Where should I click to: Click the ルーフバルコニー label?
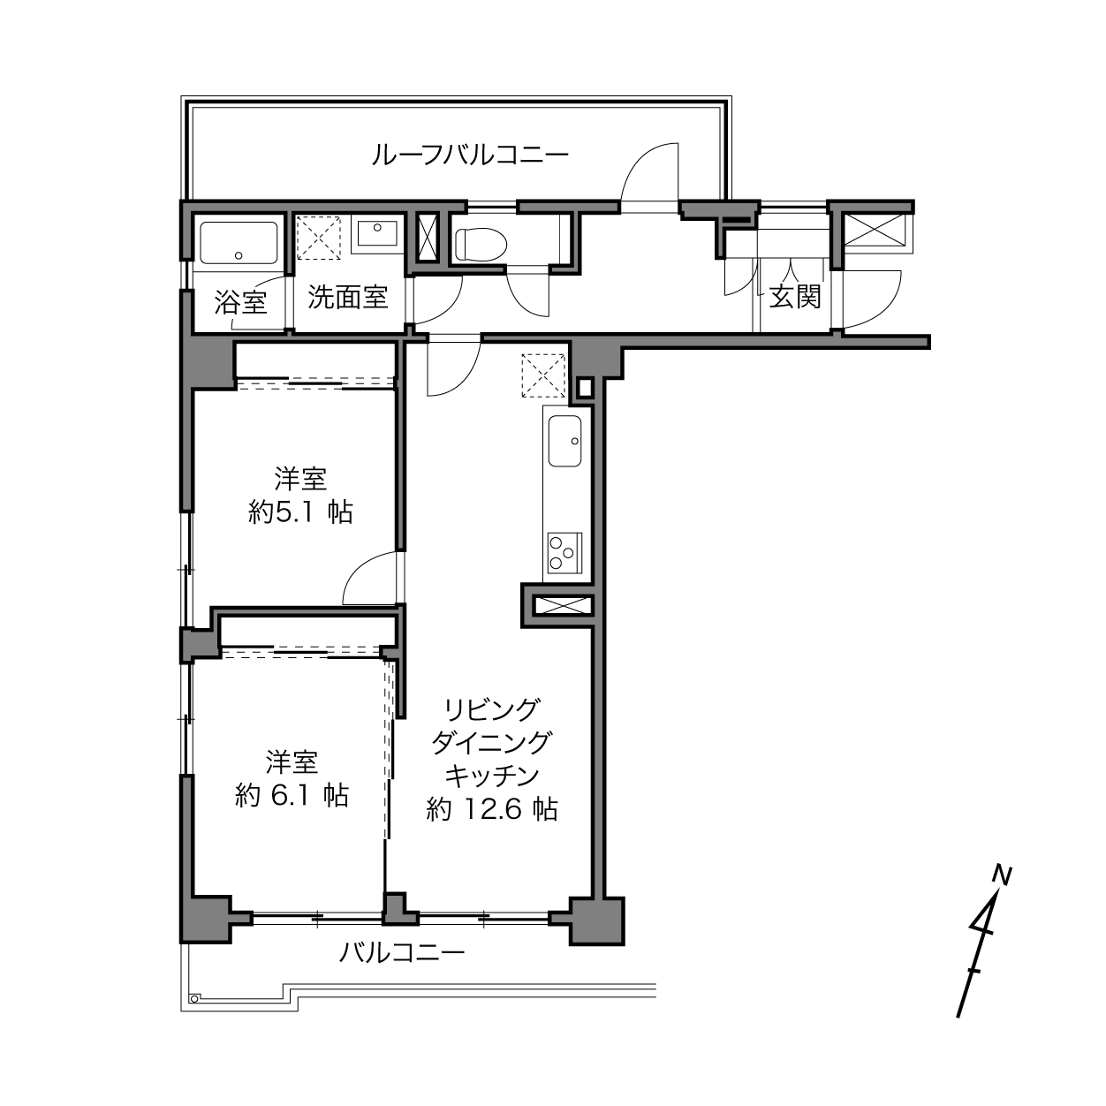pyautogui.click(x=469, y=155)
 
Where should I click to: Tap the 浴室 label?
pyautogui.click(x=241, y=302)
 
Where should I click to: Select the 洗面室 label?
pyautogui.click(x=348, y=298)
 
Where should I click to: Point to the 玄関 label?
pyautogui.click(x=795, y=297)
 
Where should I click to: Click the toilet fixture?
pyautogui.click(x=481, y=245)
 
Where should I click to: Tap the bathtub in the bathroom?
pyautogui.click(x=239, y=243)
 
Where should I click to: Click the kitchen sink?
pyautogui.click(x=564, y=441)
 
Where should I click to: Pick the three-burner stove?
pyautogui.click(x=564, y=553)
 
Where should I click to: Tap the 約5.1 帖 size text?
pyautogui.click(x=300, y=512)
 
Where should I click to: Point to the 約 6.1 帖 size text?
pyautogui.click(x=292, y=796)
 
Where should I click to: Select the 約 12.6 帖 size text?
pyautogui.click(x=492, y=810)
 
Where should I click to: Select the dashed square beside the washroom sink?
pyautogui.click(x=319, y=238)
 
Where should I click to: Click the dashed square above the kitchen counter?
pyautogui.click(x=543, y=375)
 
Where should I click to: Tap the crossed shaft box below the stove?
pyautogui.click(x=562, y=606)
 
